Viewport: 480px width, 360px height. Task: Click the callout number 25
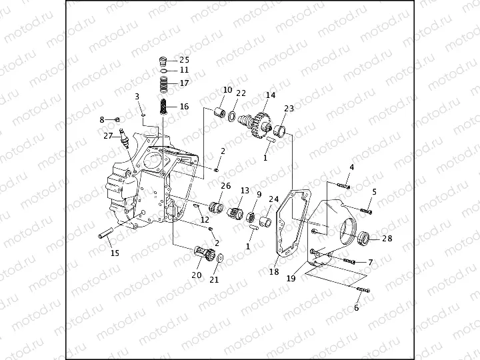[x=184, y=60]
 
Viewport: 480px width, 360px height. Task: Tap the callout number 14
[x=270, y=95]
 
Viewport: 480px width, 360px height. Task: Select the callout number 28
[x=387, y=239]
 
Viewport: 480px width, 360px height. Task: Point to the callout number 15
[x=115, y=253]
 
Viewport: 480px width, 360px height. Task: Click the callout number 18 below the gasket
[x=274, y=272]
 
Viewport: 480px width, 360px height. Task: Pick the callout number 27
[x=108, y=135]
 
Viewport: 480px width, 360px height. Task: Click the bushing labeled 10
[x=217, y=111]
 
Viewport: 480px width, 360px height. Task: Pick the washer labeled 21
[x=219, y=259]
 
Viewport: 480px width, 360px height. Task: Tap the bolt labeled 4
[x=343, y=185]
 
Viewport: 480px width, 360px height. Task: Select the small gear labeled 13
[x=237, y=215]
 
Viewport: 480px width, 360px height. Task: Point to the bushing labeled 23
[x=281, y=129]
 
